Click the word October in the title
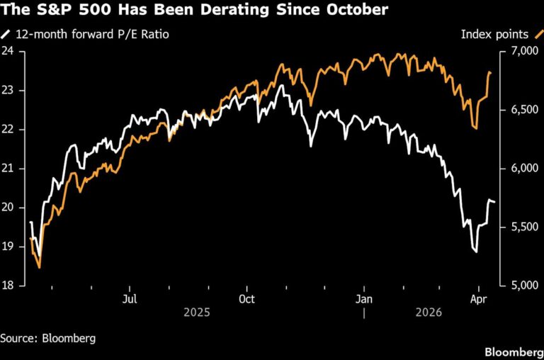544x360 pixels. click(x=352, y=11)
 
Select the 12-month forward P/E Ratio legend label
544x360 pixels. click(x=92, y=33)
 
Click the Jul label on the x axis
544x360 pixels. click(x=130, y=299)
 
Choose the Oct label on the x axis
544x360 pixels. click(x=246, y=299)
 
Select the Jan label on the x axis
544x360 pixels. click(x=363, y=299)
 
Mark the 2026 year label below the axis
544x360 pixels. click(x=429, y=313)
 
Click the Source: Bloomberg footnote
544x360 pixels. click(x=47, y=338)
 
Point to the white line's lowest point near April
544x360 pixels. click(x=476, y=252)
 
